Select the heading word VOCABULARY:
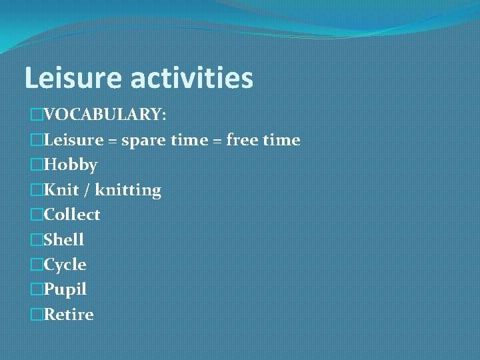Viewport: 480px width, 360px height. pyautogui.click(x=105, y=115)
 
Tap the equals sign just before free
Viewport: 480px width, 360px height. pyautogui.click(x=217, y=141)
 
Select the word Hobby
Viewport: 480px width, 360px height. pyautogui.click(x=70, y=165)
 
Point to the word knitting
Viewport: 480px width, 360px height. pyautogui.click(x=128, y=191)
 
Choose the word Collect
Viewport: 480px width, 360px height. pyautogui.click(x=71, y=215)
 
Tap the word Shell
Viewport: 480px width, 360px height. pyautogui.click(x=63, y=239)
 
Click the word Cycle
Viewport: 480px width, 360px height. pyautogui.click(x=65, y=265)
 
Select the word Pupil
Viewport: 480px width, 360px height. pyautogui.click(x=65, y=290)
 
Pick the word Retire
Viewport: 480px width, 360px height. pyautogui.click(x=68, y=314)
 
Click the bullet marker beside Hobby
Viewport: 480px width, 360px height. pyautogui.click(x=36, y=165)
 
